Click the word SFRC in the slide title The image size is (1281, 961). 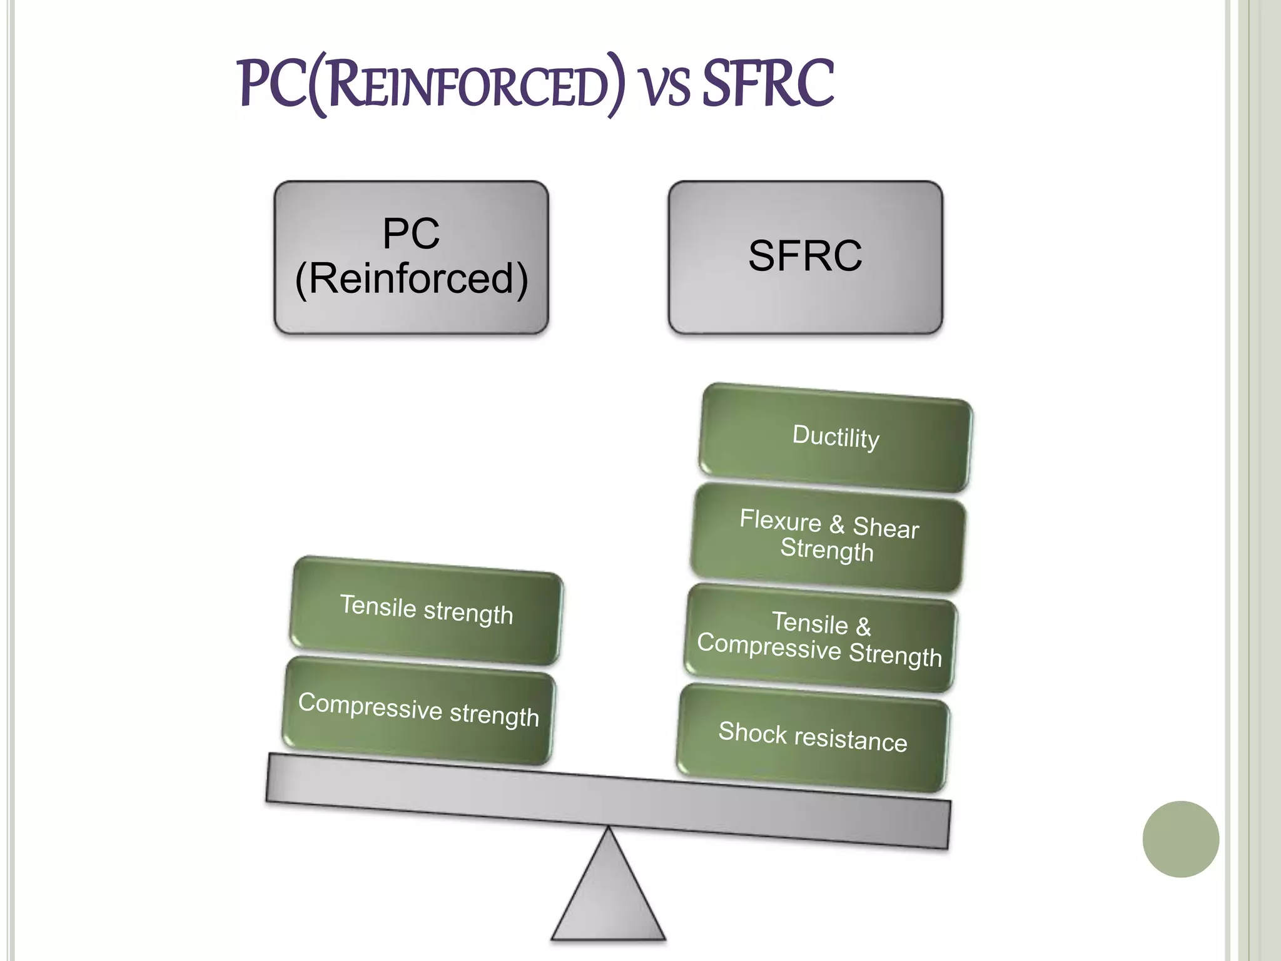(768, 84)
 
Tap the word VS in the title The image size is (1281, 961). (666, 88)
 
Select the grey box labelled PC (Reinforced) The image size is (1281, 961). (411, 257)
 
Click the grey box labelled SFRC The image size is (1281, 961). (805, 257)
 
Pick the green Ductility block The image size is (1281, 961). (835, 437)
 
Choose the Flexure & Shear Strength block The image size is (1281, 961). (828, 537)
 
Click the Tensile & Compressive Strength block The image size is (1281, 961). (819, 638)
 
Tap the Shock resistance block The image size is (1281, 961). (813, 738)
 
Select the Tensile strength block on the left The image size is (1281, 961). (426, 610)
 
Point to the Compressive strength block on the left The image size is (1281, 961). (418, 710)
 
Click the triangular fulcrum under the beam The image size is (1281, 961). (608, 895)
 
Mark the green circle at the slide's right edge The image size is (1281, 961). (1180, 839)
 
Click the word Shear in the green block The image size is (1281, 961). (886, 527)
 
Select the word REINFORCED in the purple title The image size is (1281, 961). (465, 88)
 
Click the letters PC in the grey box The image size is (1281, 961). (411, 234)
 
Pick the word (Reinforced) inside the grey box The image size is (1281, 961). (411, 278)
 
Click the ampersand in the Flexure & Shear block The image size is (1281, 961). (836, 524)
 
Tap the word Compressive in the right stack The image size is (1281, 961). (769, 646)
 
